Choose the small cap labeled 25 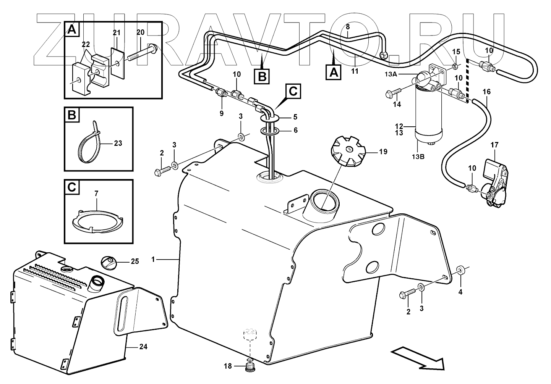[x=108, y=263]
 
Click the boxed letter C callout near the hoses [x=292, y=91]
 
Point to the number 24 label [x=143, y=347]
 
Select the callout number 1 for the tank [x=153, y=260]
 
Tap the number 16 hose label [x=486, y=92]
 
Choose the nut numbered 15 [x=455, y=68]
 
